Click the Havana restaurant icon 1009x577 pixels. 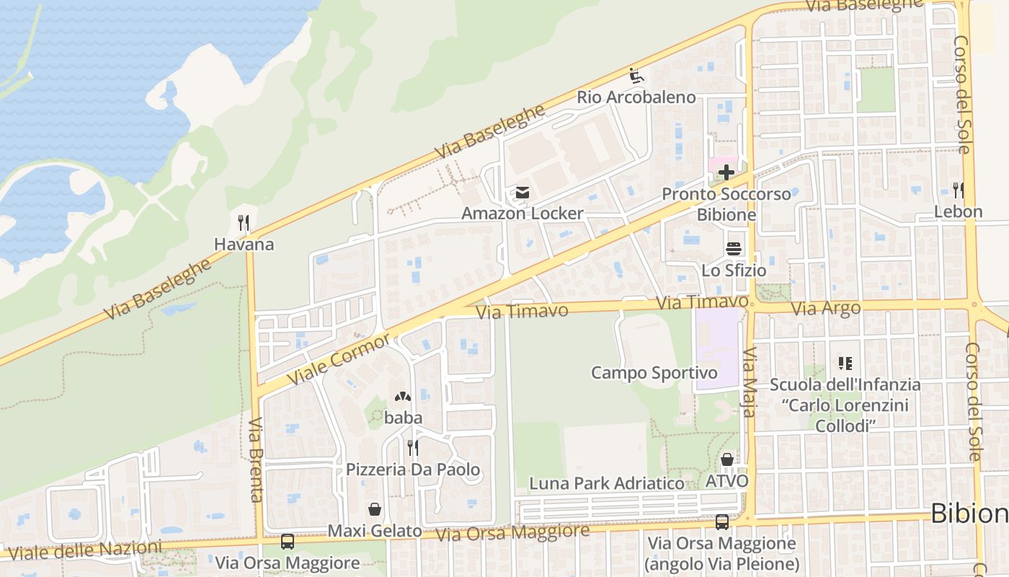point(244,222)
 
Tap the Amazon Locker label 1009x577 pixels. point(522,213)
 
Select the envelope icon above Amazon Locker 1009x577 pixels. point(522,193)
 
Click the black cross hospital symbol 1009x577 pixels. point(726,172)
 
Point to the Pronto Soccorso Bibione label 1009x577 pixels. point(726,204)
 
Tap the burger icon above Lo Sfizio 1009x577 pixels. point(734,249)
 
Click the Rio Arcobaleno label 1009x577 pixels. point(636,97)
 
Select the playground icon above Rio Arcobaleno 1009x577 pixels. point(636,76)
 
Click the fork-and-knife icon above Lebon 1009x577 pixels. point(958,190)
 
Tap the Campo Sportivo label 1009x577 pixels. point(654,373)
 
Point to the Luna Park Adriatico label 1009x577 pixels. point(607,483)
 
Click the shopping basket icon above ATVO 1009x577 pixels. point(726,459)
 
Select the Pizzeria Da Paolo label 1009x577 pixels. point(413,470)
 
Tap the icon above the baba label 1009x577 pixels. point(402,397)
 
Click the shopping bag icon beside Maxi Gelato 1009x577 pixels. point(375,509)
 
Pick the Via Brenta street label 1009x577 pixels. point(256,459)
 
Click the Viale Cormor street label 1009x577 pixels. point(339,358)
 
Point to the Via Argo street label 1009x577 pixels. point(826,309)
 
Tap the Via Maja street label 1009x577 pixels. point(750,382)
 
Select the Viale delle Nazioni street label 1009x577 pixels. point(85,550)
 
